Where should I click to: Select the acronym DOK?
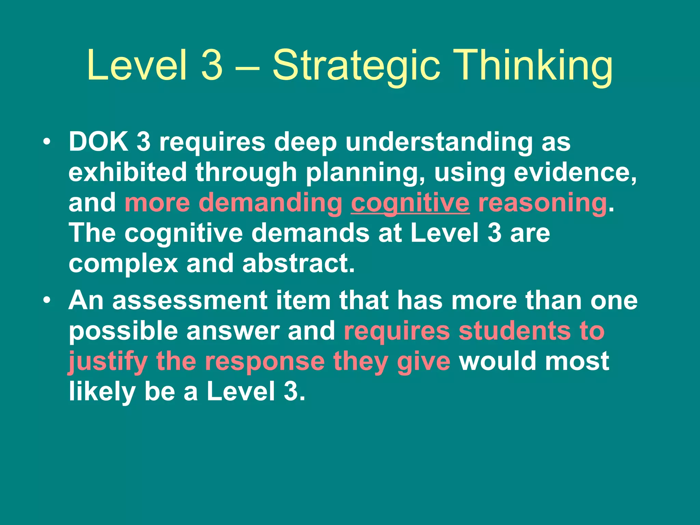pyautogui.click(x=99, y=142)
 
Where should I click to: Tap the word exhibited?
pyautogui.click(x=128, y=172)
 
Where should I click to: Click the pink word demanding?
pyautogui.click(x=270, y=203)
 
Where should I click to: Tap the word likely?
pyautogui.click(x=102, y=391)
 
